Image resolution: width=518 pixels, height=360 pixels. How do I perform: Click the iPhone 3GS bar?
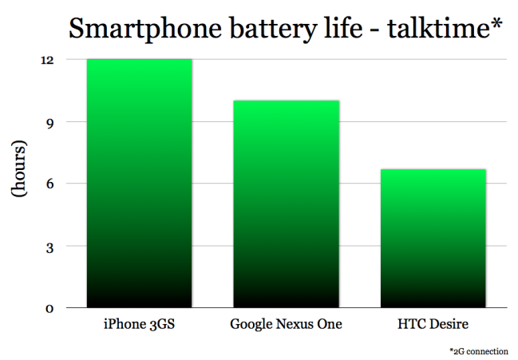(x=139, y=184)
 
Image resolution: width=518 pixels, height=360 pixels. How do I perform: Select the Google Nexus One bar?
(x=286, y=204)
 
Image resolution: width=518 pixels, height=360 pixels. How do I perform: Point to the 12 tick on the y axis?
(x=48, y=60)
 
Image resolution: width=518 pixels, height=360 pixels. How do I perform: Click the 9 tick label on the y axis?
(x=49, y=122)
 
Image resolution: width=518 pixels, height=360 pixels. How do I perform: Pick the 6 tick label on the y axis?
(x=49, y=184)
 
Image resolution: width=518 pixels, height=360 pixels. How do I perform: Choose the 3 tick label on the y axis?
(x=49, y=246)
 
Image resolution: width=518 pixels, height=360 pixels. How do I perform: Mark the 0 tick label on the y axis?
(x=49, y=308)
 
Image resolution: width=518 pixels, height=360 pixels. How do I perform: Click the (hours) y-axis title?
(x=19, y=183)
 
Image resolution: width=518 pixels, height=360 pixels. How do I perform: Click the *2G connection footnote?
(x=480, y=351)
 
